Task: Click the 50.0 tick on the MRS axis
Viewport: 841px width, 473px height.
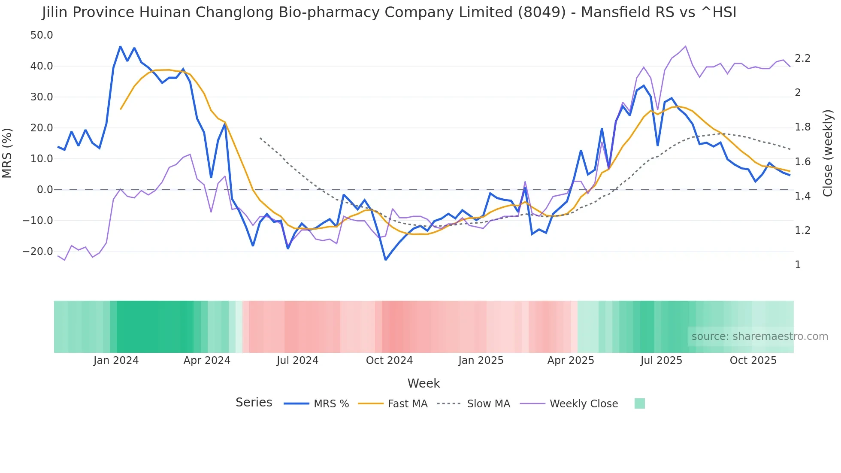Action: coord(42,35)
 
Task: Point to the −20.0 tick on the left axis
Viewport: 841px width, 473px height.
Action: coord(38,252)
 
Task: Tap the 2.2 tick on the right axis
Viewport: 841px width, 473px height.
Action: coord(802,58)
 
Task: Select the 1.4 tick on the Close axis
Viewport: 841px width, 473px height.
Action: coord(802,196)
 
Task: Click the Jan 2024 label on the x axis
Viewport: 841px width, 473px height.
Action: coord(116,361)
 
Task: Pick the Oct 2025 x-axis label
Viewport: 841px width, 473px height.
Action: coord(753,361)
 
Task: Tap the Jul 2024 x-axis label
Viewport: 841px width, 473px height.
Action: coord(297,361)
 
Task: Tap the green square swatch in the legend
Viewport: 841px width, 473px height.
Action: coord(639,403)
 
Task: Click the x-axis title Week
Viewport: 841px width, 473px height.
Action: coord(424,383)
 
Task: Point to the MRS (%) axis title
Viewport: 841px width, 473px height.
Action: coord(7,153)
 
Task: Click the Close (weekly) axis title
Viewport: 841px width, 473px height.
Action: coord(828,153)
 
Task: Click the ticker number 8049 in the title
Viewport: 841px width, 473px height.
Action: coord(542,12)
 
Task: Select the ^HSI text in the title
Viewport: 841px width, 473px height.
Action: coord(718,12)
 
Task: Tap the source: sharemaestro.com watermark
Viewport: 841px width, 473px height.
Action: coord(759,337)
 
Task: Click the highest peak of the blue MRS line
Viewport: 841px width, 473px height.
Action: coord(120,46)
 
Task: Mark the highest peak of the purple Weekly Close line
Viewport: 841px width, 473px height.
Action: coord(685,46)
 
